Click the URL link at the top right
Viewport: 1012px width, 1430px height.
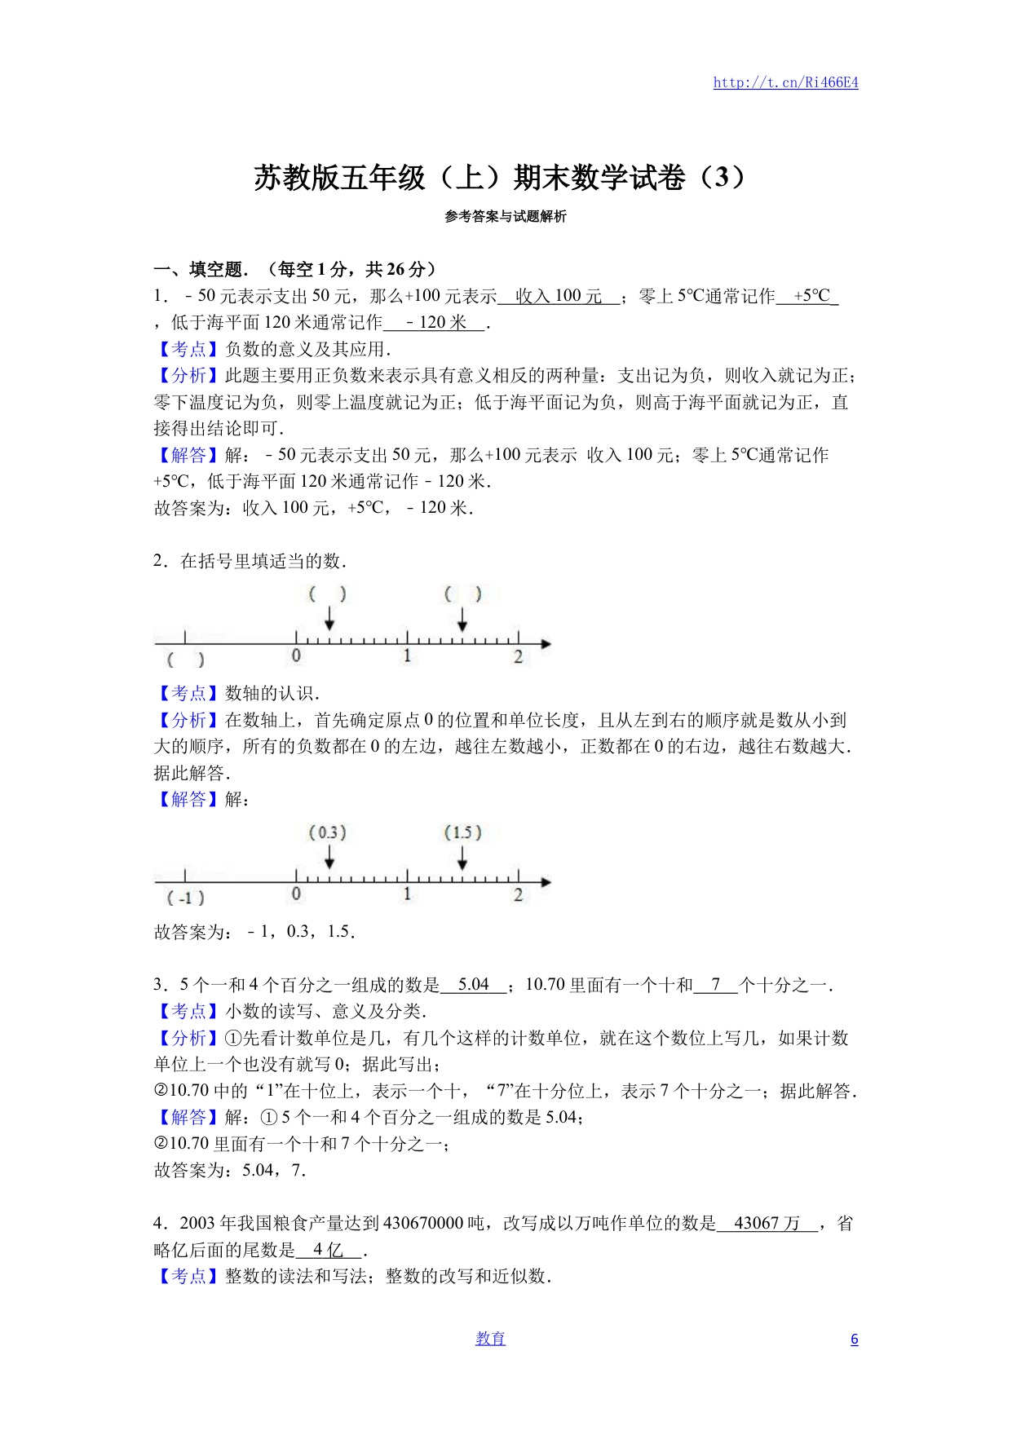tap(785, 82)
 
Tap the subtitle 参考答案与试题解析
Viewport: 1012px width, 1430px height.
tap(505, 216)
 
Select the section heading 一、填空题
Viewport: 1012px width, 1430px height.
tap(201, 269)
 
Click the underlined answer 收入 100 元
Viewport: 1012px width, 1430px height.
tap(559, 296)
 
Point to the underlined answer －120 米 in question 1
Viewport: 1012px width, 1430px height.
tap(435, 323)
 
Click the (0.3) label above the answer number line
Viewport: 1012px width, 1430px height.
tap(328, 832)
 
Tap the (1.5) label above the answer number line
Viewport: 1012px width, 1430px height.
tap(462, 832)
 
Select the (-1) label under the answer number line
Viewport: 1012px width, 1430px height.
tap(185, 898)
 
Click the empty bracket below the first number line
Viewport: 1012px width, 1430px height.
tap(185, 660)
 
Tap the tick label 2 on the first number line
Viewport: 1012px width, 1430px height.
tap(518, 657)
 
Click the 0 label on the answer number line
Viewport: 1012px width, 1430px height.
tap(296, 894)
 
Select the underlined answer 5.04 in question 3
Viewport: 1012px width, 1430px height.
tap(473, 985)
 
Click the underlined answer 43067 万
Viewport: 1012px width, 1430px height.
tap(767, 1223)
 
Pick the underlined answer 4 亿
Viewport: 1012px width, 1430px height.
tap(328, 1250)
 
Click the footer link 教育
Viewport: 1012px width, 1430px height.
tap(490, 1339)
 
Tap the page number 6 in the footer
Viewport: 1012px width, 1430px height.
tap(854, 1339)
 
